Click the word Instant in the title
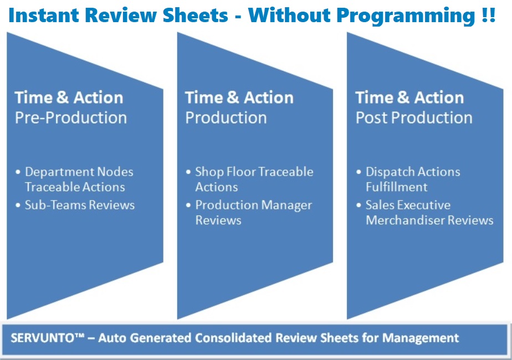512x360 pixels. [43, 15]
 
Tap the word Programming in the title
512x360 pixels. [406, 16]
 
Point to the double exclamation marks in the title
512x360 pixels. [489, 15]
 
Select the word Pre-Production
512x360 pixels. [71, 117]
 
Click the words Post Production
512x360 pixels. [414, 117]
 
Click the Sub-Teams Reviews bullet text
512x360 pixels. [80, 205]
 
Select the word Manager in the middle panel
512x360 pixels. [286, 205]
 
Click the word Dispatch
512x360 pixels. [390, 172]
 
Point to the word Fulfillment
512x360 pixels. [396, 187]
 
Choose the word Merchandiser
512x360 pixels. [405, 220]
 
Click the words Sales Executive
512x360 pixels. [408, 205]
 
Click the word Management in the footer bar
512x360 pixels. [421, 338]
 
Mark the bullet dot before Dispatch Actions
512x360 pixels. [359, 172]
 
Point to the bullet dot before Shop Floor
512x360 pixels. [188, 172]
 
